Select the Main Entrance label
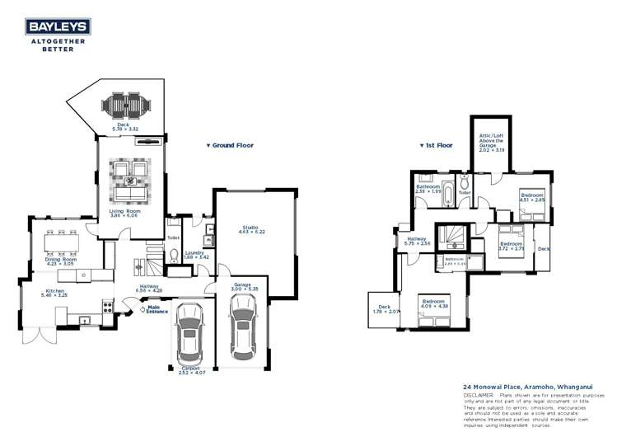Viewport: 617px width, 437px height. click(158, 311)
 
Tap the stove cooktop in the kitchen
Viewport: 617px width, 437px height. click(107, 307)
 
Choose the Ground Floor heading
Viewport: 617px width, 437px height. click(230, 145)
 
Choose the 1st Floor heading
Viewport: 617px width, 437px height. click(437, 145)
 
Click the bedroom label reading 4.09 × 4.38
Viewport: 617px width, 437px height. click(434, 304)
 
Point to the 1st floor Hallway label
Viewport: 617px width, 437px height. click(413, 241)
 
